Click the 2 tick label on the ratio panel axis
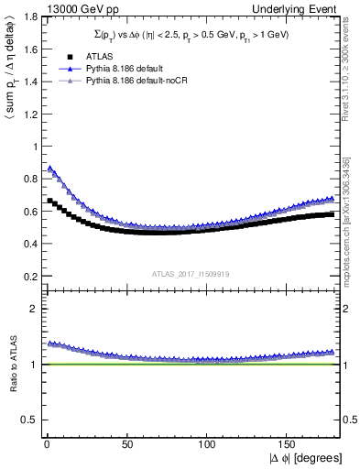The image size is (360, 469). click(32, 309)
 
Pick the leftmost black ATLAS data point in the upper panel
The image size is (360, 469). click(49, 201)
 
